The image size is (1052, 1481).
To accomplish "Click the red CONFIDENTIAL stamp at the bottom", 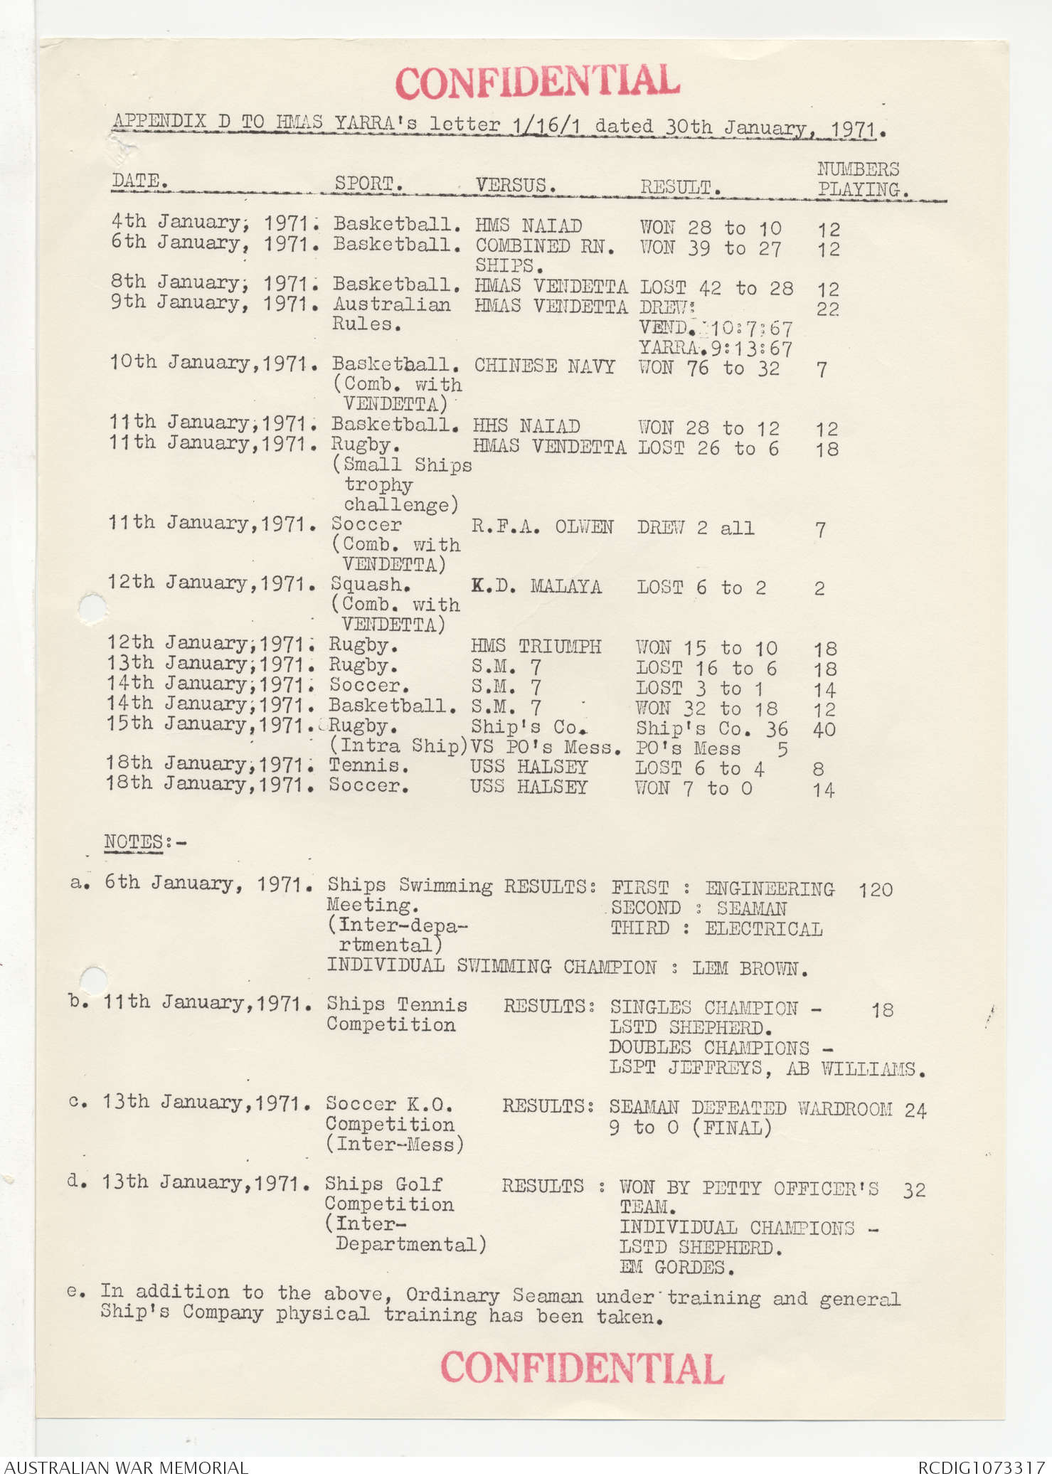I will (582, 1367).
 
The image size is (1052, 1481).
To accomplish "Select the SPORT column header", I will (368, 183).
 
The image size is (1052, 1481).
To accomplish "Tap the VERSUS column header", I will (515, 185).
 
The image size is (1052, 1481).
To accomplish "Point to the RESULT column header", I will (680, 187).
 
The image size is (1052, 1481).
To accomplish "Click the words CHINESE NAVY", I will (544, 366).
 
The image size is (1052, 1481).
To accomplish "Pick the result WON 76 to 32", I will (708, 368).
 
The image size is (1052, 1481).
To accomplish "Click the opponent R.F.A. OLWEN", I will (542, 526).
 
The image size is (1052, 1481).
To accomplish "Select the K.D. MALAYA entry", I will (536, 586).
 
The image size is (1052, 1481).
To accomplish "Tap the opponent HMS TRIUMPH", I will (536, 646).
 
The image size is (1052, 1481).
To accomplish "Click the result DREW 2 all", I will (696, 527).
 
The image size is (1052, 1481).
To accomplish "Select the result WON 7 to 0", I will (694, 787).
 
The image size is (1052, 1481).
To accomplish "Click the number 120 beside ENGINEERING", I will (875, 889).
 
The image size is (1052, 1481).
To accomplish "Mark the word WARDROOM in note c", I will (844, 1108).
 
